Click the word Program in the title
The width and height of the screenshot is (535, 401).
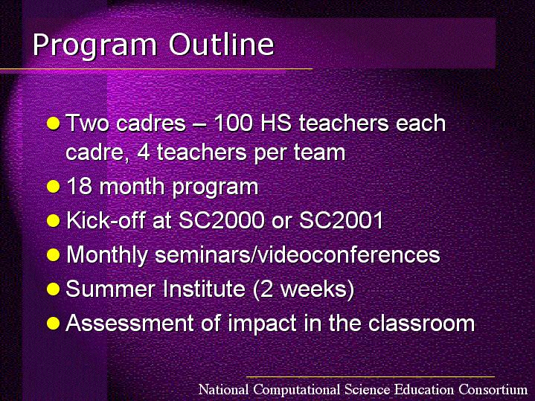point(94,46)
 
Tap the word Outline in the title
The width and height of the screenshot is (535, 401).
point(222,45)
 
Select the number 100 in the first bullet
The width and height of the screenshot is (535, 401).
point(234,123)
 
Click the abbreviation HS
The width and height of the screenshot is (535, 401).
point(276,123)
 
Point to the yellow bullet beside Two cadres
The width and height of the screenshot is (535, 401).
point(54,123)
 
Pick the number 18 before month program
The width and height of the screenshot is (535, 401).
point(79,186)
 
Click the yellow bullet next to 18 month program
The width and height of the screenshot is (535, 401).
point(54,187)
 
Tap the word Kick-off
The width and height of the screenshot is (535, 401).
point(106,220)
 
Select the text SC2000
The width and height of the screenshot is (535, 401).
point(222,220)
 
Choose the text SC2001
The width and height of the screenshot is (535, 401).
point(342,220)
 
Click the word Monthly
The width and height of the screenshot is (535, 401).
point(107,256)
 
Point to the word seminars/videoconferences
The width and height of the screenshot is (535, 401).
point(298,254)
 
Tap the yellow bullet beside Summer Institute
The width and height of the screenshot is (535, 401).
point(54,289)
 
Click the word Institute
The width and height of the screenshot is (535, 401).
point(204,289)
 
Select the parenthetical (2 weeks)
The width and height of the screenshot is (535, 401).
point(304,289)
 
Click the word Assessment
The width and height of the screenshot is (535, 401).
point(130,323)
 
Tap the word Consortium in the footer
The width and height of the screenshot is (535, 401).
point(493,389)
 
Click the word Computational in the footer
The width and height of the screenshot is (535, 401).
point(297,390)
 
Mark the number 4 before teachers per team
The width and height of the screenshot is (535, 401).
point(144,153)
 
